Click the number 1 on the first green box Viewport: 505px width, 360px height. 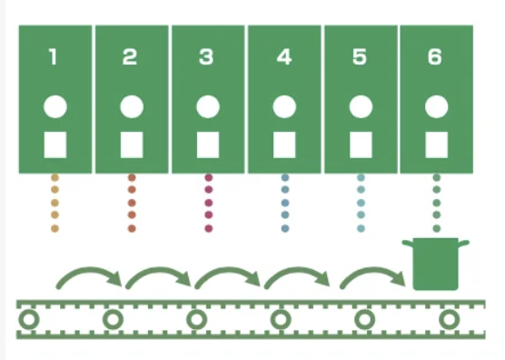pyautogui.click(x=54, y=57)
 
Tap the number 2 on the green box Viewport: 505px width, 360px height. pyautogui.click(x=130, y=57)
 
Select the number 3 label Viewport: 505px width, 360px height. pyautogui.click(x=206, y=57)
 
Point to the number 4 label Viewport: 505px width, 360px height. pyautogui.click(x=284, y=57)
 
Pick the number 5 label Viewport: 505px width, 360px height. pyautogui.click(x=361, y=57)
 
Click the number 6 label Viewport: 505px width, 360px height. pyautogui.click(x=436, y=57)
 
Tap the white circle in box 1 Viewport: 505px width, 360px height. pyautogui.click(x=54, y=105)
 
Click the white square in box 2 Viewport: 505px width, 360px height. pyautogui.click(x=132, y=144)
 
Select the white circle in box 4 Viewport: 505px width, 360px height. pyautogui.click(x=284, y=105)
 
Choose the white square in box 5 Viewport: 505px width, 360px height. pyautogui.click(x=361, y=144)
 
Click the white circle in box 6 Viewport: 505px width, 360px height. pyautogui.click(x=437, y=105)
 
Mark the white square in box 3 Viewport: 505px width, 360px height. pyautogui.click(x=208, y=144)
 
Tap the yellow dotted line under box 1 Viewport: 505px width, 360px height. pyautogui.click(x=54, y=202)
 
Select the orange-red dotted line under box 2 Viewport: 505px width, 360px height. pyautogui.click(x=132, y=202)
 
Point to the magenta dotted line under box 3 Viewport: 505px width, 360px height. pyautogui.click(x=208, y=202)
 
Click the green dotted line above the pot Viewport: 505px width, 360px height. pyautogui.click(x=437, y=202)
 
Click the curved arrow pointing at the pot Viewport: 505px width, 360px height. pyautogui.click(x=372, y=274)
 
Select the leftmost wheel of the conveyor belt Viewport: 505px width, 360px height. pyautogui.click(x=29, y=320)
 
